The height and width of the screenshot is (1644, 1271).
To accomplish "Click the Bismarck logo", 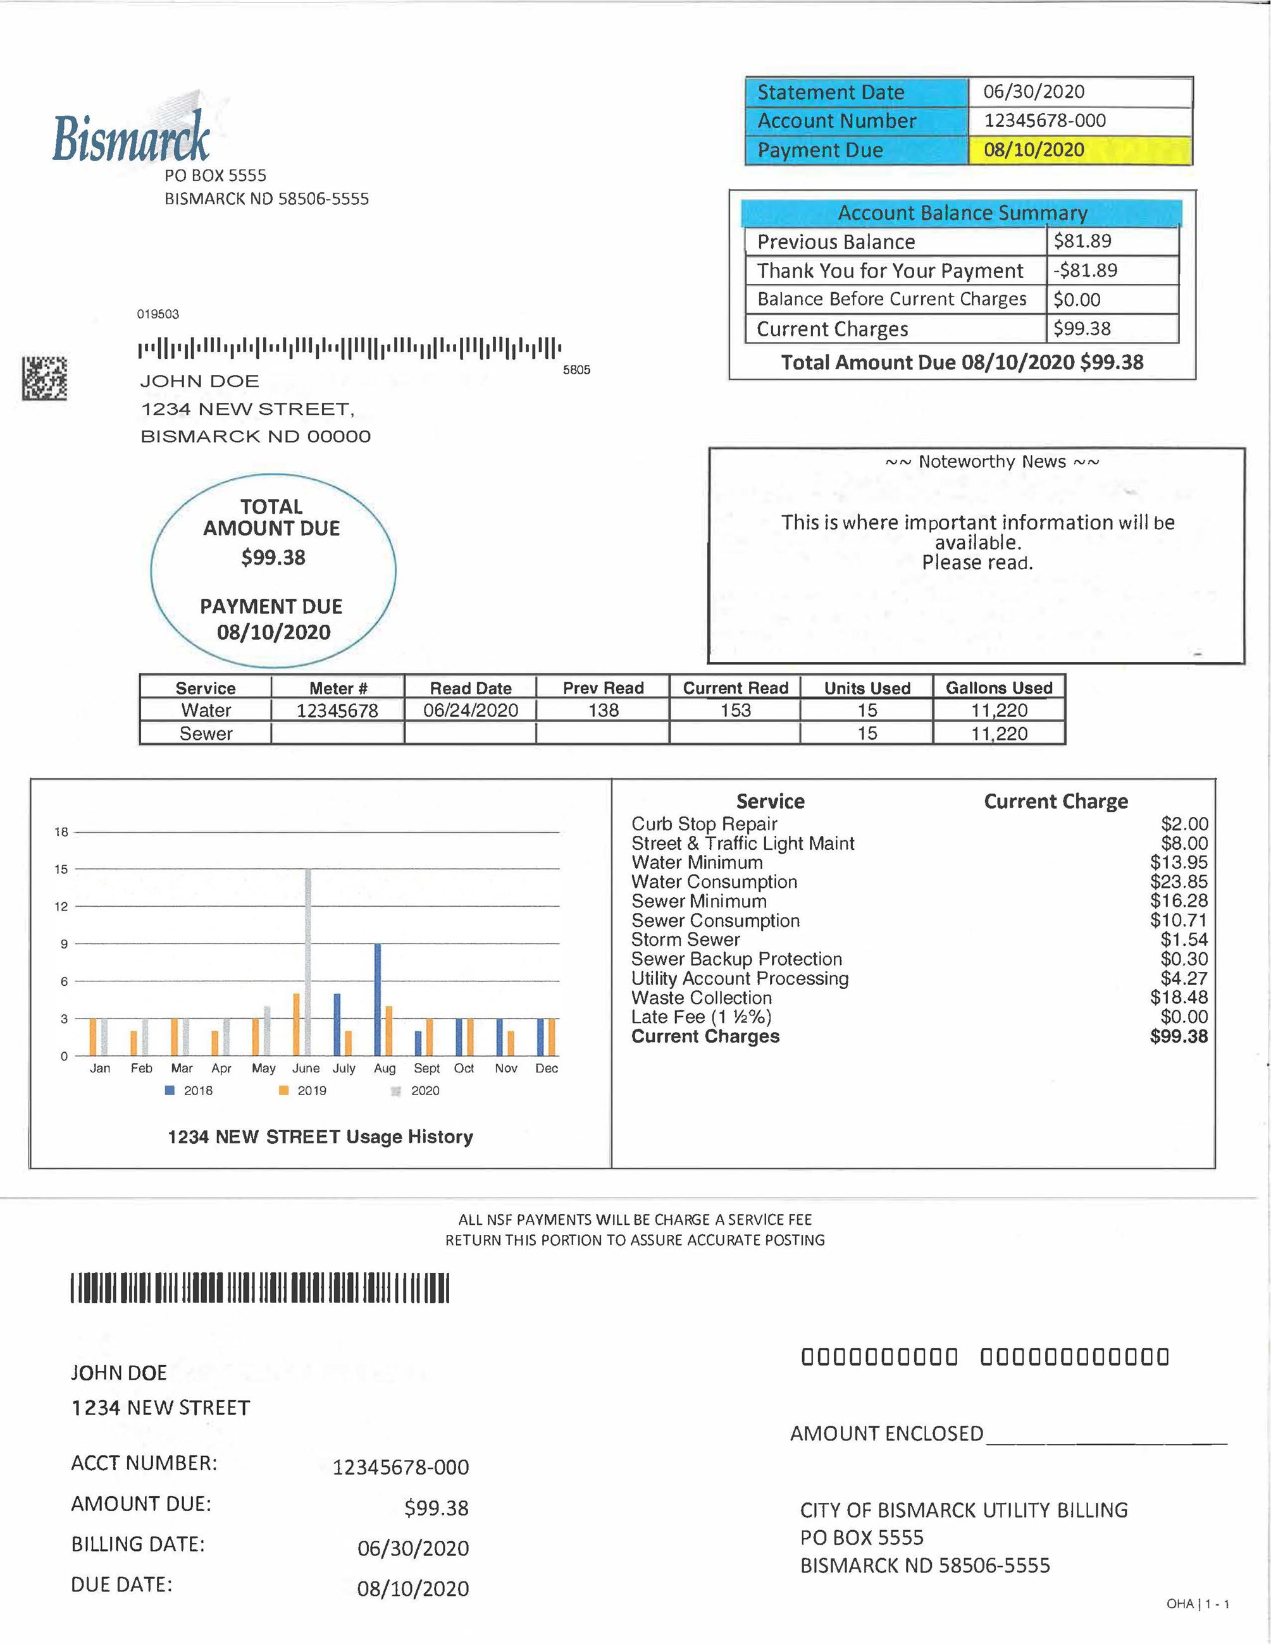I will (132, 135).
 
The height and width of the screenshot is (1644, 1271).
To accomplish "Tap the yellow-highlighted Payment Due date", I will (1034, 150).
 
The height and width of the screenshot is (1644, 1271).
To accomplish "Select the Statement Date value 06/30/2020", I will (1034, 92).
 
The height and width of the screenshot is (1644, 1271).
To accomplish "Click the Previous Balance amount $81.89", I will (1082, 241).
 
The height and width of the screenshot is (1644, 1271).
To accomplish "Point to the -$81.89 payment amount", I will (1085, 270).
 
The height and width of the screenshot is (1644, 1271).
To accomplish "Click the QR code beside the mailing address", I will (44, 378).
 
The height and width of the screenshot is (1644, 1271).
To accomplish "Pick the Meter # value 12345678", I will (337, 711).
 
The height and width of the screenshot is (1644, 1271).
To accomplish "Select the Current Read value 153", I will (735, 711).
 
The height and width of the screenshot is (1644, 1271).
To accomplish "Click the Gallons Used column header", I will (998, 688).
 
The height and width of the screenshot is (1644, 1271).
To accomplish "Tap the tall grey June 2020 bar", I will (307, 962).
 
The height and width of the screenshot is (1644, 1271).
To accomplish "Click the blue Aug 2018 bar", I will (377, 1000).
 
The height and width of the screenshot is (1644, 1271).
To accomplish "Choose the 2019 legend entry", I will (302, 1091).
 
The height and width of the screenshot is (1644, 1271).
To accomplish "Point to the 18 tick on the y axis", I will (61, 831).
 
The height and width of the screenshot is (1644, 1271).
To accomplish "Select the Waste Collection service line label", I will (701, 998).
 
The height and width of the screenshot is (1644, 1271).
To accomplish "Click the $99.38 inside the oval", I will (273, 558).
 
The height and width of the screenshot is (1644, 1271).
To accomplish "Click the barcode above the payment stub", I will (260, 1287).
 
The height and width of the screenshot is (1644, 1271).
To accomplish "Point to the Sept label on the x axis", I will (426, 1069).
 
